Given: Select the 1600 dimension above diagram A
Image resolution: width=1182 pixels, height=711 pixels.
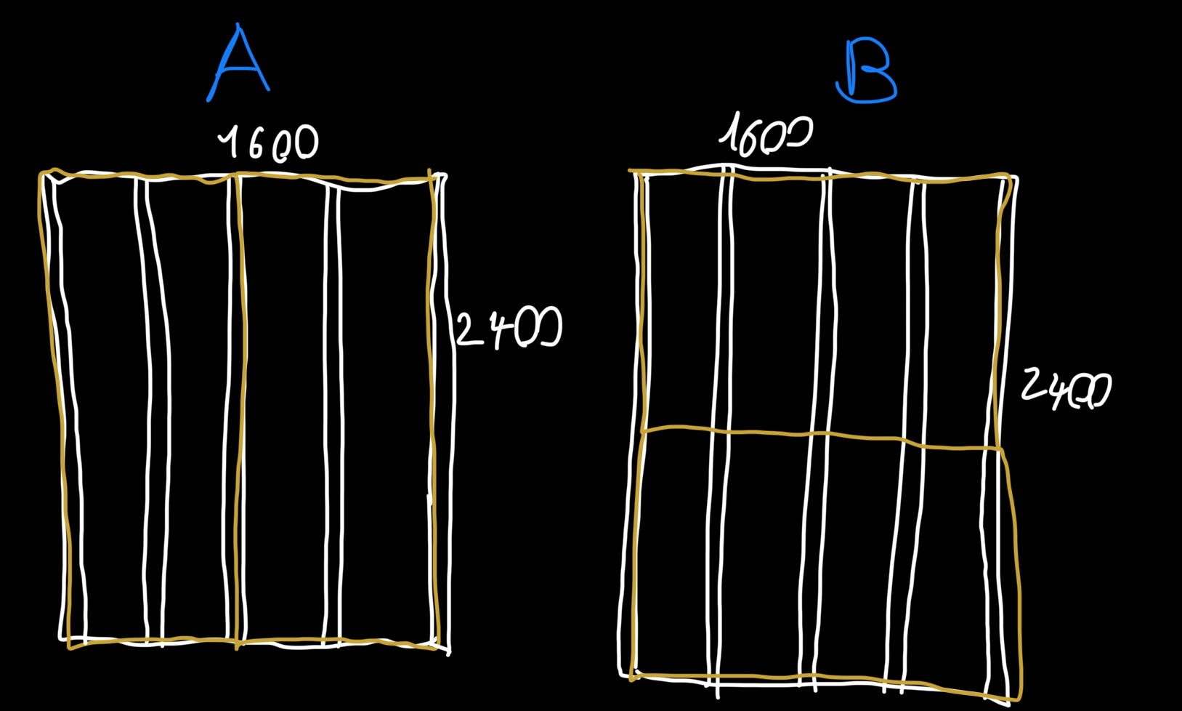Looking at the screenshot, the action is coord(268,142).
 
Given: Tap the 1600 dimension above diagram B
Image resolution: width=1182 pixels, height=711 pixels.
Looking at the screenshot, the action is coord(766,134).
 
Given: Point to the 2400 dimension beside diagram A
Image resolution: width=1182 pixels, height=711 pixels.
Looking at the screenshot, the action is coord(509,327).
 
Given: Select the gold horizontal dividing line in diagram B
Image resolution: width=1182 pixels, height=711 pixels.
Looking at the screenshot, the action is coord(821,435).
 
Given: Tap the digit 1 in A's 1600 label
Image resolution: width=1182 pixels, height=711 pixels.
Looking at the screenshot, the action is coord(228,142).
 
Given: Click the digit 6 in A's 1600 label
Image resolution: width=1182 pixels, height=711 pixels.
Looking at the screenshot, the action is coord(256,144).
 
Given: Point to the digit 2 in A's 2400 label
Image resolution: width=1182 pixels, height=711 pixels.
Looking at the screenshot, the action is coord(469,329).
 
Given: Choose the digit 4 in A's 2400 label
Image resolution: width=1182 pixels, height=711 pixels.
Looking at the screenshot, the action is coord(502,329).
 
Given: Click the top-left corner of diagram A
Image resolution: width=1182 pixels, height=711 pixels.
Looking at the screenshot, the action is coord(41,173).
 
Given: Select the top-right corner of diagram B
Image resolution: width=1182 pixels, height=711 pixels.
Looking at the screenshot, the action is coord(1009,175).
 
